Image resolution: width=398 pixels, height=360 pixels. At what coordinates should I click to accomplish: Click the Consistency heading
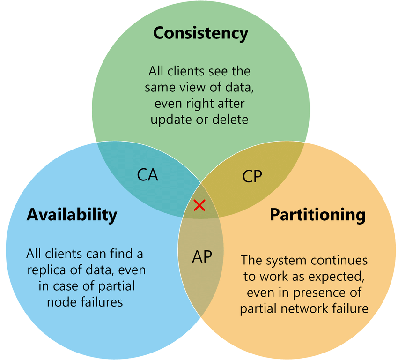pos(200,33)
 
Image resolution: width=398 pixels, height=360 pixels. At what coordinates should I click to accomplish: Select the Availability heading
pos(72,214)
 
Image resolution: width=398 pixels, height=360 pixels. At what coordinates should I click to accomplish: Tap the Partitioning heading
pos(317,214)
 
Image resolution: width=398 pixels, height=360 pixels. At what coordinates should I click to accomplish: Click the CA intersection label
pos(147,174)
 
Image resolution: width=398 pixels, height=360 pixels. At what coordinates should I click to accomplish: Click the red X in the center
pos(199,205)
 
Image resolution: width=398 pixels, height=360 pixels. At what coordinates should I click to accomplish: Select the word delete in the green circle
pos(230,119)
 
